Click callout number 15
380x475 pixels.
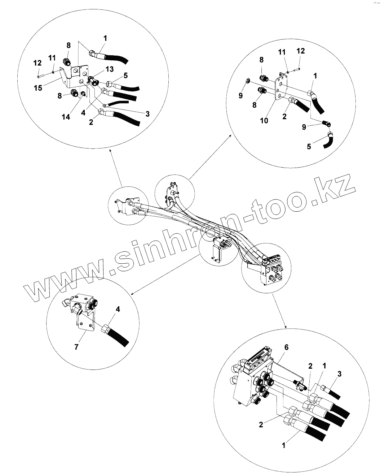pos(39,88)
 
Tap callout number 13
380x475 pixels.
pos(100,69)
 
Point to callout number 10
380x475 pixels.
pos(264,121)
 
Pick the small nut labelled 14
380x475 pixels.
pos(83,94)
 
